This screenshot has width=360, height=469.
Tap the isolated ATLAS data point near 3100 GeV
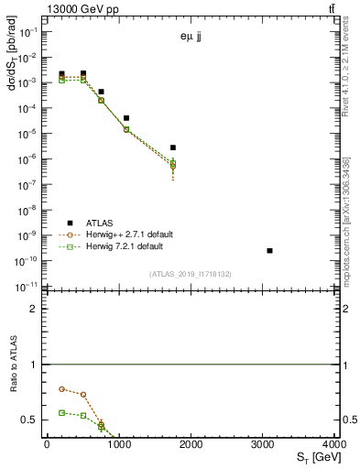click(x=269, y=250)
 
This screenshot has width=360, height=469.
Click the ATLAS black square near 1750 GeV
click(x=172, y=147)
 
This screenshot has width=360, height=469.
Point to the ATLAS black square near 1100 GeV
click(x=125, y=118)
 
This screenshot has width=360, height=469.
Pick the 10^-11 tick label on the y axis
click(x=27, y=287)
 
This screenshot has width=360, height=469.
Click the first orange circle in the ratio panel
click(x=61, y=388)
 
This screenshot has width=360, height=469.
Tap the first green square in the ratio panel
click(x=61, y=412)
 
